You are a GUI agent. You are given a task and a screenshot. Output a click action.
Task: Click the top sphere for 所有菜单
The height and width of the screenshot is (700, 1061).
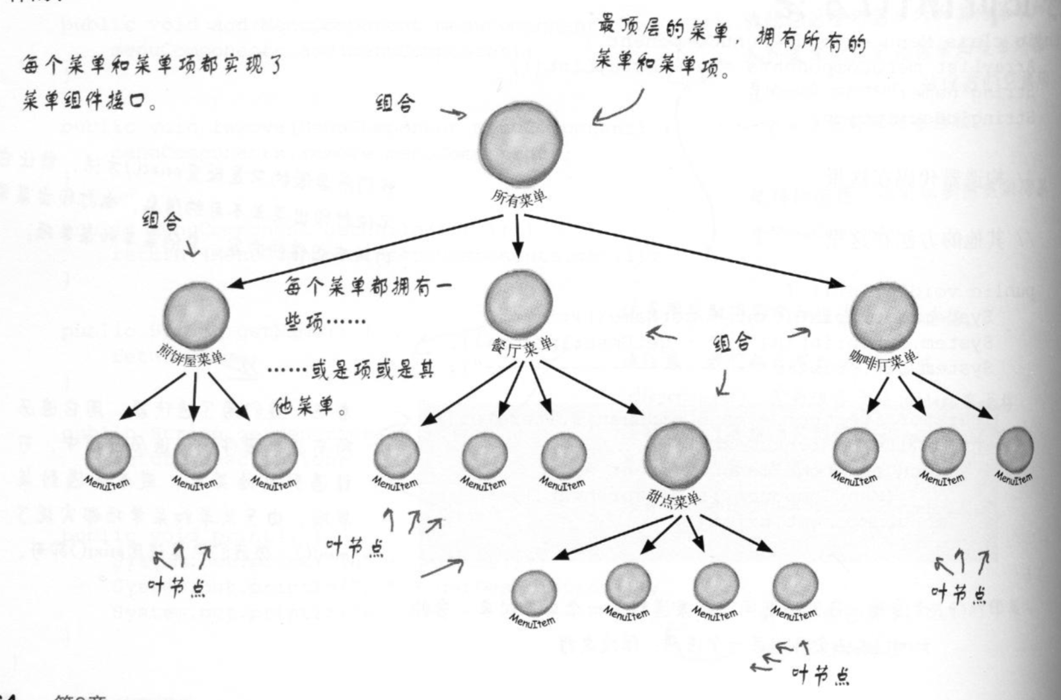[521, 143]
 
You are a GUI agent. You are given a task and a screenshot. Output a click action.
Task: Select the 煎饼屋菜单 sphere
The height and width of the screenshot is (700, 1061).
[196, 314]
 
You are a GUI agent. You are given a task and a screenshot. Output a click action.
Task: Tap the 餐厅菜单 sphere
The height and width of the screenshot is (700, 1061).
[519, 303]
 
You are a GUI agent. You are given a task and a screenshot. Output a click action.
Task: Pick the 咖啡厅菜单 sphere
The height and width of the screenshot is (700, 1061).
[885, 316]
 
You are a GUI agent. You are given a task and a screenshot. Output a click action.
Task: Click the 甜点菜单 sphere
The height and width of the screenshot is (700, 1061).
[677, 454]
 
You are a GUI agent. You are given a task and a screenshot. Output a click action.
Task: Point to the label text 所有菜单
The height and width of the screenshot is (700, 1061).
[519, 197]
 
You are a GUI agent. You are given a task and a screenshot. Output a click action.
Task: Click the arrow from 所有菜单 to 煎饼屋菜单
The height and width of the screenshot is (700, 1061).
[363, 252]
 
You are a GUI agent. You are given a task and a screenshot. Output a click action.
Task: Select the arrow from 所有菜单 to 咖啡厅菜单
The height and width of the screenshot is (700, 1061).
[680, 250]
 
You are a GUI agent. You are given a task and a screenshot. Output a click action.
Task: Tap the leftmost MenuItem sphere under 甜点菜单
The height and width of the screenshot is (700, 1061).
[534, 591]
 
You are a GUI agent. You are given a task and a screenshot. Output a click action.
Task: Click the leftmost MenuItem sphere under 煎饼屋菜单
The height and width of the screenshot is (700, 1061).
[108, 455]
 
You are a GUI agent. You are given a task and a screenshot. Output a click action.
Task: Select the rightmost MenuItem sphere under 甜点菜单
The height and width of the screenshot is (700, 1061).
[795, 584]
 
